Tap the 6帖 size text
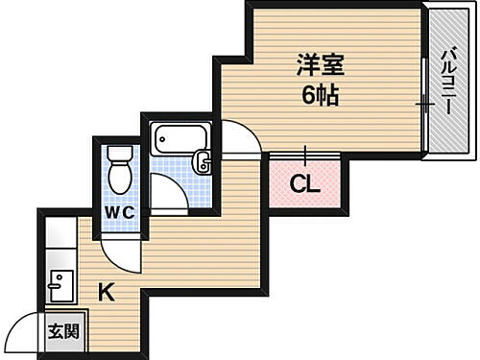[320, 95]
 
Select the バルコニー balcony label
[447, 82]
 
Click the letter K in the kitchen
[107, 292]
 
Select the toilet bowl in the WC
[119, 178]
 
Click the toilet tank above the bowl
[118, 153]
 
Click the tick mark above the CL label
[304, 153]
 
